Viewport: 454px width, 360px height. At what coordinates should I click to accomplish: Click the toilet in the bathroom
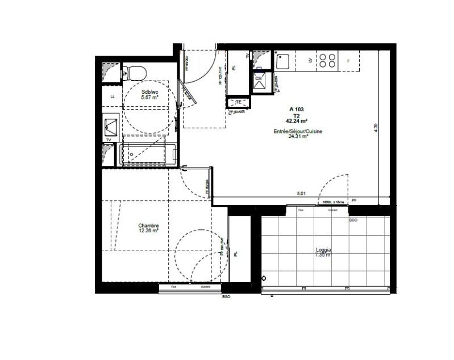tap(135, 73)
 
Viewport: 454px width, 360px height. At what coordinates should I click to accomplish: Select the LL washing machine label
tap(113, 97)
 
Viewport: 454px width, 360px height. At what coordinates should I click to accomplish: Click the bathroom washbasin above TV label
tap(111, 125)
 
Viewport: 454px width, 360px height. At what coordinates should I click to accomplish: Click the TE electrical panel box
tap(239, 102)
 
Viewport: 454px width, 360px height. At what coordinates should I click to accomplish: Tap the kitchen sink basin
tap(283, 60)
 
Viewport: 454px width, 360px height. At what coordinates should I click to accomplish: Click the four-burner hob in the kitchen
tap(327, 60)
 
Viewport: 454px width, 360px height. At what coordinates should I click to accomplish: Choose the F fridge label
tap(348, 60)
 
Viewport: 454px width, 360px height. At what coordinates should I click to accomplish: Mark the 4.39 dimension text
tap(376, 128)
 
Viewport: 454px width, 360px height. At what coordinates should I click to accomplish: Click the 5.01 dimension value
tap(301, 194)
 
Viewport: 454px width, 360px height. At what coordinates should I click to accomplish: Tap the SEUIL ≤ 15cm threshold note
tap(334, 202)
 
